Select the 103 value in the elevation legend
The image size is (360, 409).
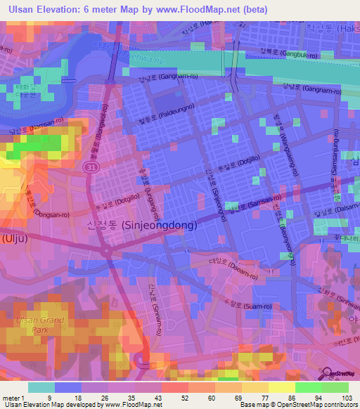point(347,397)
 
